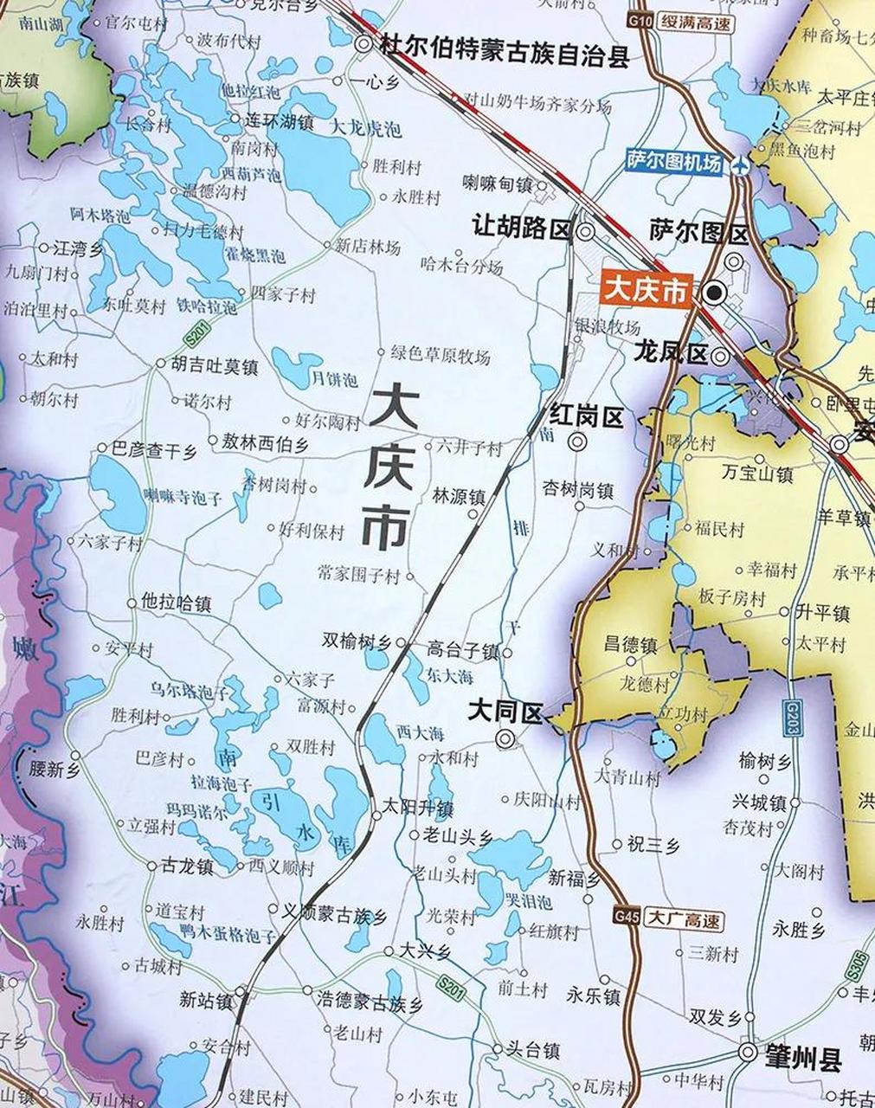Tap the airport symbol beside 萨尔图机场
click(739, 166)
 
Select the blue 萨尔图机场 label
click(674, 163)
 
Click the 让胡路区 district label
click(522, 229)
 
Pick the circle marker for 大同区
click(504, 738)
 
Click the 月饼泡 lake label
click(333, 380)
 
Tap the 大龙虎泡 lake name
click(367, 129)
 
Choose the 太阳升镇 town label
click(418, 808)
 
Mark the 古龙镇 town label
click(187, 866)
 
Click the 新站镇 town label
click(206, 1000)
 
